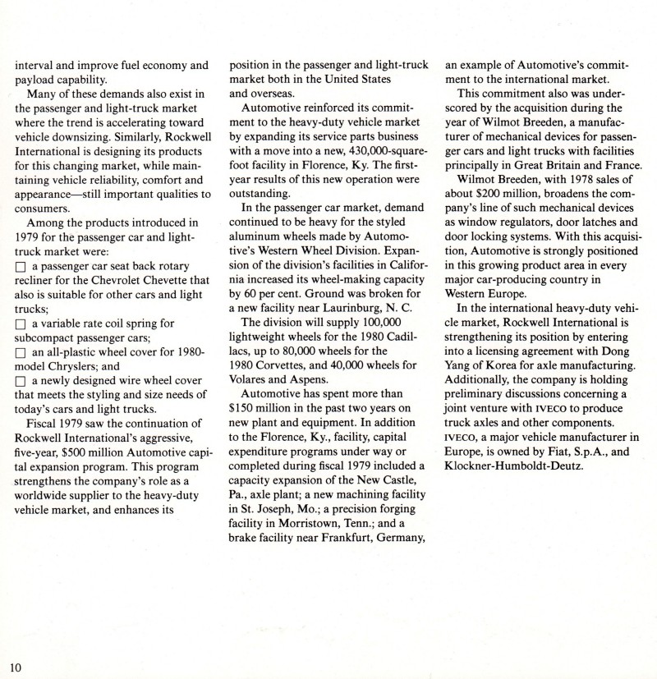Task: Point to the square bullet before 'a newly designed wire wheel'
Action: tap(21, 385)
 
